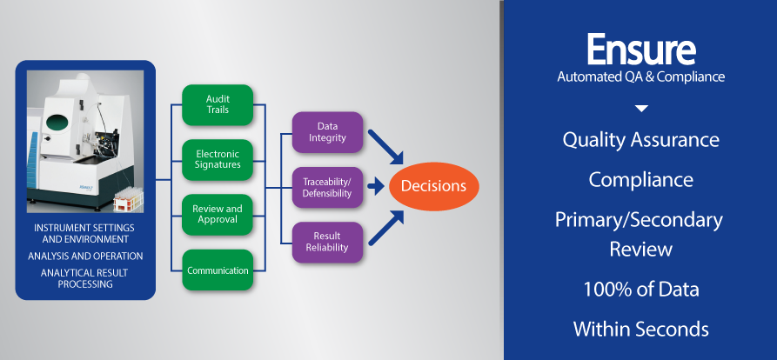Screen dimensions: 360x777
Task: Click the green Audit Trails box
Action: click(218, 104)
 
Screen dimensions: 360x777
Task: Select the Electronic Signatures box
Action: click(218, 159)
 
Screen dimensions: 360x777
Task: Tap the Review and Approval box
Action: click(218, 215)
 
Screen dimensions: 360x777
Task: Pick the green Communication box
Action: click(218, 270)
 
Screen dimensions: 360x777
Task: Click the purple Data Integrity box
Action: click(327, 131)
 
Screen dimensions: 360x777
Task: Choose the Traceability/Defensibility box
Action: click(327, 186)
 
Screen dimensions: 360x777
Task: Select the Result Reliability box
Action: click(327, 242)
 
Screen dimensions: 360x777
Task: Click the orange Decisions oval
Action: click(432, 185)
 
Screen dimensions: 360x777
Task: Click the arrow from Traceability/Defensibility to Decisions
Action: click(376, 186)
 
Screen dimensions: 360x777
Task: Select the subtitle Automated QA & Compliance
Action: click(640, 77)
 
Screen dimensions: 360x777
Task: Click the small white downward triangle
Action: click(641, 109)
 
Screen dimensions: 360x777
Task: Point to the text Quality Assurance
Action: click(640, 139)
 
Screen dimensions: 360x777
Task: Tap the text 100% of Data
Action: click(640, 290)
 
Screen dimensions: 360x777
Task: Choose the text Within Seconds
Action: click(640, 330)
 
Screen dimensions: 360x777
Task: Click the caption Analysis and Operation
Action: click(85, 256)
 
